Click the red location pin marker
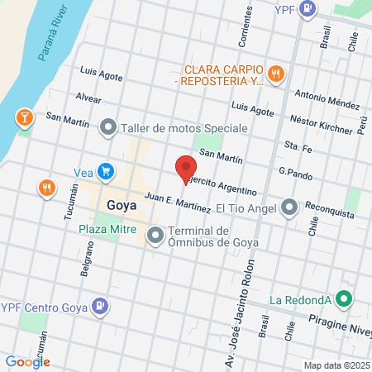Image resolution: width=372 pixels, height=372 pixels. click(x=184, y=167)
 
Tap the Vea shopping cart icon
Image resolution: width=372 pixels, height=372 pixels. click(x=106, y=171)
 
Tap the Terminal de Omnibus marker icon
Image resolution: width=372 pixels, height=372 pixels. click(x=155, y=236)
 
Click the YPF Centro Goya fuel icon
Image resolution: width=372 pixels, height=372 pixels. click(x=100, y=307)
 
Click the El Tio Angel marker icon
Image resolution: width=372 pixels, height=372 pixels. click(x=289, y=207)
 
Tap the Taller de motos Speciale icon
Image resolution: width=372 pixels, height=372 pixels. click(x=108, y=128)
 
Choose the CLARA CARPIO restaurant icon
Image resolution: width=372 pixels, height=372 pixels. click(x=277, y=74)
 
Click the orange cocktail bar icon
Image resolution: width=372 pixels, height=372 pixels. click(x=24, y=118)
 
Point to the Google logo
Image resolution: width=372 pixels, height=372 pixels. click(x=28, y=361)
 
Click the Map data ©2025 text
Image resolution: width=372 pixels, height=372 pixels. click(x=335, y=365)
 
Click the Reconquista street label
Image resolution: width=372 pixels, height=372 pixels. click(x=329, y=208)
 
